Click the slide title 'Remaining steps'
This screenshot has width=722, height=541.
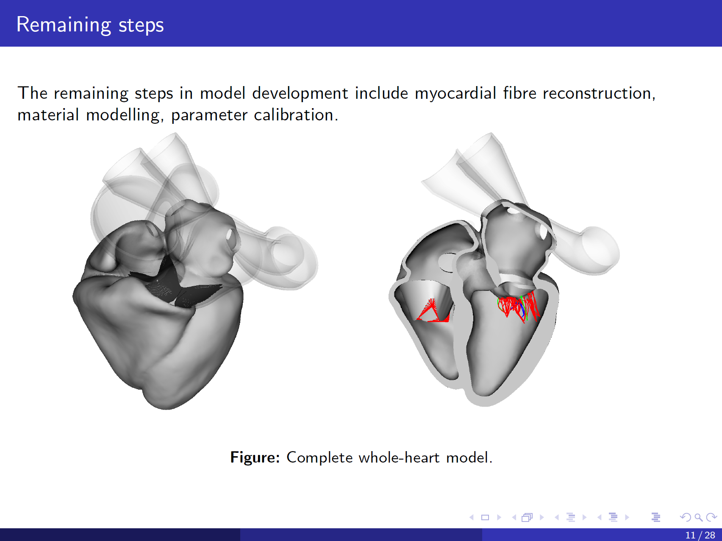(x=90, y=25)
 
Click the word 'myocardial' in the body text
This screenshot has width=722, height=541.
(x=455, y=93)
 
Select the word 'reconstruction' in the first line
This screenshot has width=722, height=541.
(x=597, y=93)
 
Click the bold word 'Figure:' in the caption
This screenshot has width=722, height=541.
(x=255, y=457)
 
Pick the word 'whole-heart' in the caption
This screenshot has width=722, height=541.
(x=399, y=457)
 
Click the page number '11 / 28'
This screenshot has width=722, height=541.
(x=700, y=535)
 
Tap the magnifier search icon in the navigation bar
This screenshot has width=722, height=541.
(x=698, y=517)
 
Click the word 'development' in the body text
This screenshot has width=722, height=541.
(x=300, y=94)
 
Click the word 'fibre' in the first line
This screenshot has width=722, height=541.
(x=519, y=93)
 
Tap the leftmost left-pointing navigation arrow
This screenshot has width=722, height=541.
(x=472, y=517)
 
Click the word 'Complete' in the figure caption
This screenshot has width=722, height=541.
(x=319, y=457)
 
